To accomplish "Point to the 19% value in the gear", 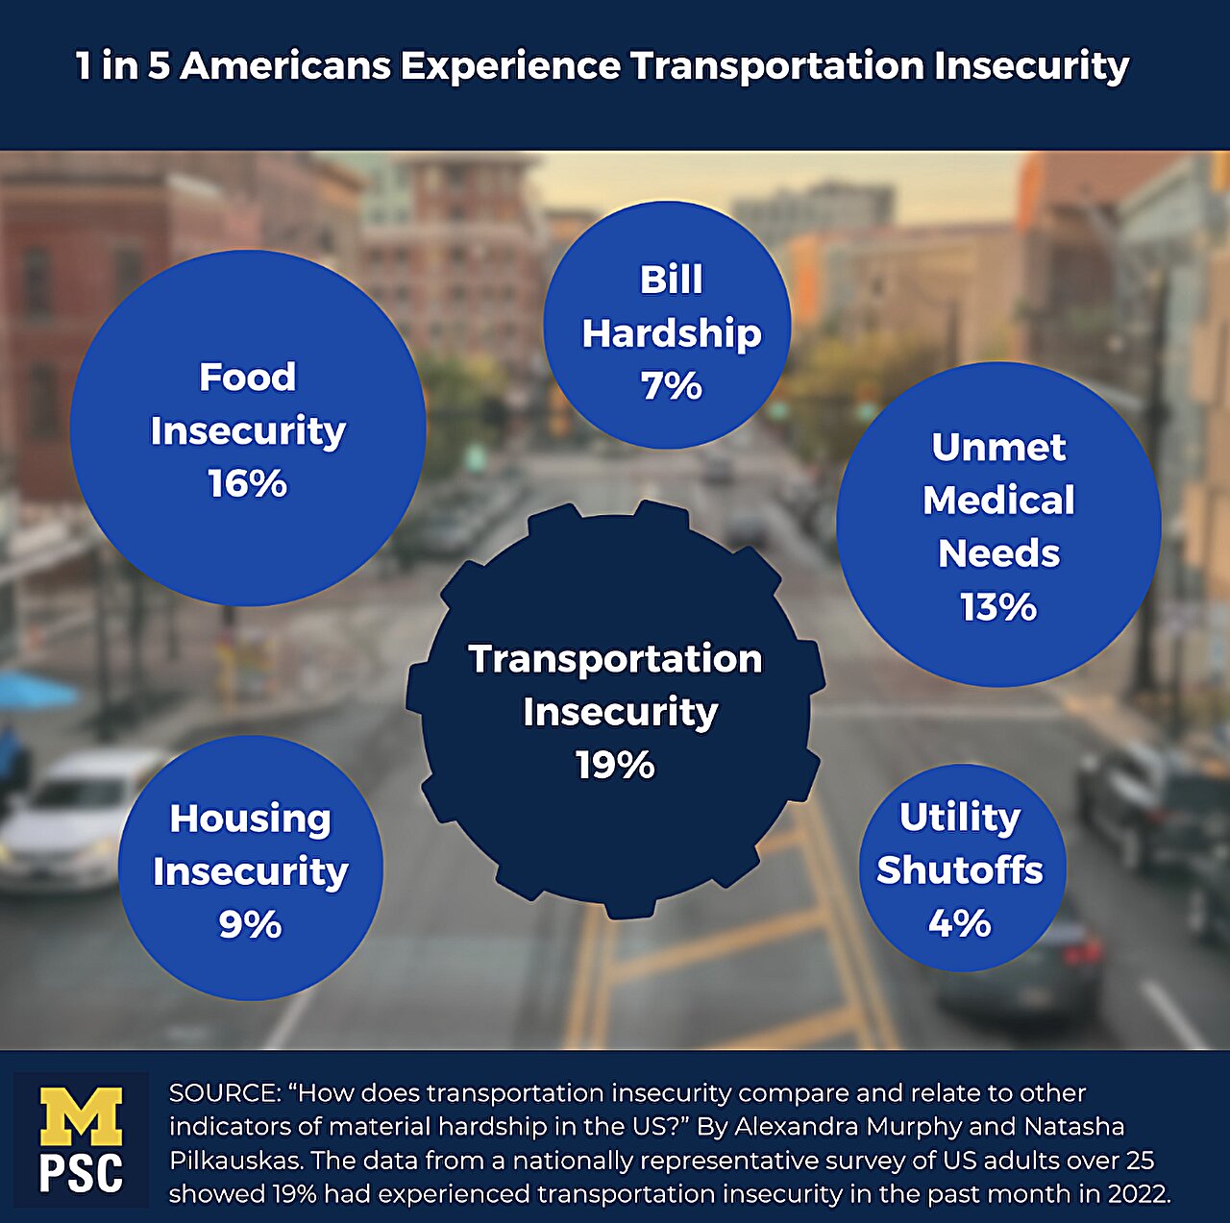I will (615, 766).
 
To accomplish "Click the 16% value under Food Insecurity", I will (248, 483).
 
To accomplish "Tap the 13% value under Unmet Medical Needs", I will (998, 606).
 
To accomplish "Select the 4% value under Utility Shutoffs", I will (959, 923).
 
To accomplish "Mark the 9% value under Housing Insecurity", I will (250, 924).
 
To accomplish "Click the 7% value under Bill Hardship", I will (671, 386).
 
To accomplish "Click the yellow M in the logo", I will (81, 1115).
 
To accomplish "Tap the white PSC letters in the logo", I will (81, 1173).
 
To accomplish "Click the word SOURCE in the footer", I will (222, 1093).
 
